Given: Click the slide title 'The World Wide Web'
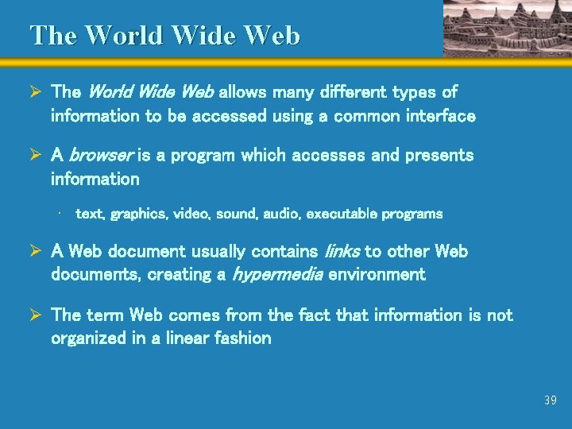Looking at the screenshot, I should [165, 36].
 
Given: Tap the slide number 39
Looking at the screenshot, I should [551, 400].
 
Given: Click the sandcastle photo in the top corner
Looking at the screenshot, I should [506, 28].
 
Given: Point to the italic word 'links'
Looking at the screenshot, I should [343, 252].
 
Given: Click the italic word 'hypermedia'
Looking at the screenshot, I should [277, 275].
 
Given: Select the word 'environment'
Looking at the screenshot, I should [377, 275].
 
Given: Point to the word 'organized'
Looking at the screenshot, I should [89, 338].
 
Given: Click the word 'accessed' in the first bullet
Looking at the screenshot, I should [223, 116].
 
